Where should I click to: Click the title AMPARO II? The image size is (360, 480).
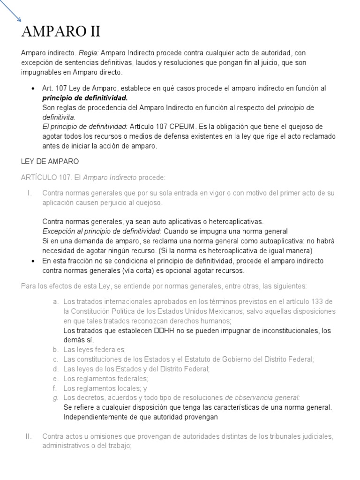(x=61, y=32)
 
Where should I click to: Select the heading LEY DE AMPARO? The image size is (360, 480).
(x=50, y=161)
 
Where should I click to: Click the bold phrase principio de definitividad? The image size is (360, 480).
(x=85, y=98)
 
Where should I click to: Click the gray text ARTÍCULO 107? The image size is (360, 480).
(x=45, y=177)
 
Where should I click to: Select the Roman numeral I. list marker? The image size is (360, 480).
(x=29, y=193)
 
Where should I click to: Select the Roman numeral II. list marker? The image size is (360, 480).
(x=28, y=436)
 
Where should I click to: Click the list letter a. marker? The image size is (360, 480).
(x=55, y=301)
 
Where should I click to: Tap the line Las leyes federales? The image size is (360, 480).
(x=95, y=350)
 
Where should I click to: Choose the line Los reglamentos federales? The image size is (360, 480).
(x=105, y=378)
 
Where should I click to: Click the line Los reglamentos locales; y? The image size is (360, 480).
(x=105, y=388)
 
